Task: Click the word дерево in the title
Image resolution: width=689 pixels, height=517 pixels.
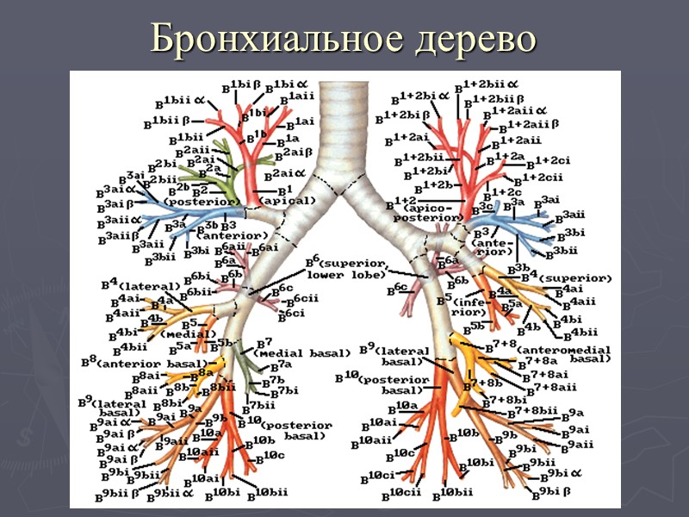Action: point(460,39)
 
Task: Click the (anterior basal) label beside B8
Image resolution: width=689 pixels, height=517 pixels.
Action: point(150,363)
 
